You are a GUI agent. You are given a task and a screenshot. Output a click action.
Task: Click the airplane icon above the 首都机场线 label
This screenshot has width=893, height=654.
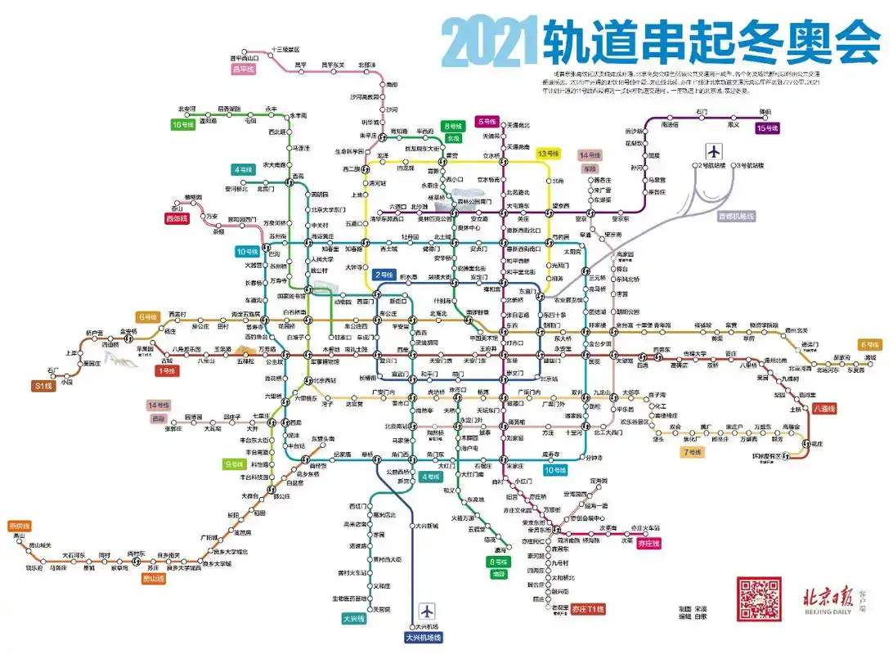coord(715,152)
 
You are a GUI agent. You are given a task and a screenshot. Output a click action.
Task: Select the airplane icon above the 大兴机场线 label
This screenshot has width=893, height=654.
coord(426,611)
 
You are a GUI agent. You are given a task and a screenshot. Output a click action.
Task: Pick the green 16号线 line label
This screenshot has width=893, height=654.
coord(182,125)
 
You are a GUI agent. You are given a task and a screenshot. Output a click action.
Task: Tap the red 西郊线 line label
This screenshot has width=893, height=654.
coord(177,219)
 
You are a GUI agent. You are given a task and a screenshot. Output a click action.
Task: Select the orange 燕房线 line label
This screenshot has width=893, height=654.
coord(19,526)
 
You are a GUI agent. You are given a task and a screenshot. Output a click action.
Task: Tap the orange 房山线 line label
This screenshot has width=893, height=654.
coord(154,578)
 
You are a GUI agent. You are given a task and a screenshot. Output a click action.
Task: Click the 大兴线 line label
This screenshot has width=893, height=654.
coord(352,619)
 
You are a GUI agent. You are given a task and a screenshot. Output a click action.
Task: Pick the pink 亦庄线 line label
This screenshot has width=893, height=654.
coord(648,543)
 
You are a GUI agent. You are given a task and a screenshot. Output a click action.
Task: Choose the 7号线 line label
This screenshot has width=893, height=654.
coord(692,452)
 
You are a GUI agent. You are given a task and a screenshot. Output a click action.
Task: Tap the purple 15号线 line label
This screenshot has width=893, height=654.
coord(767,128)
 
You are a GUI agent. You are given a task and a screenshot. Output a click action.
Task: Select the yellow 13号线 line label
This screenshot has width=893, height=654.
coord(547,154)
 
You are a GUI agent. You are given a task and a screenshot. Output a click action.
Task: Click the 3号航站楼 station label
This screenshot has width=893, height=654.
coord(749,166)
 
